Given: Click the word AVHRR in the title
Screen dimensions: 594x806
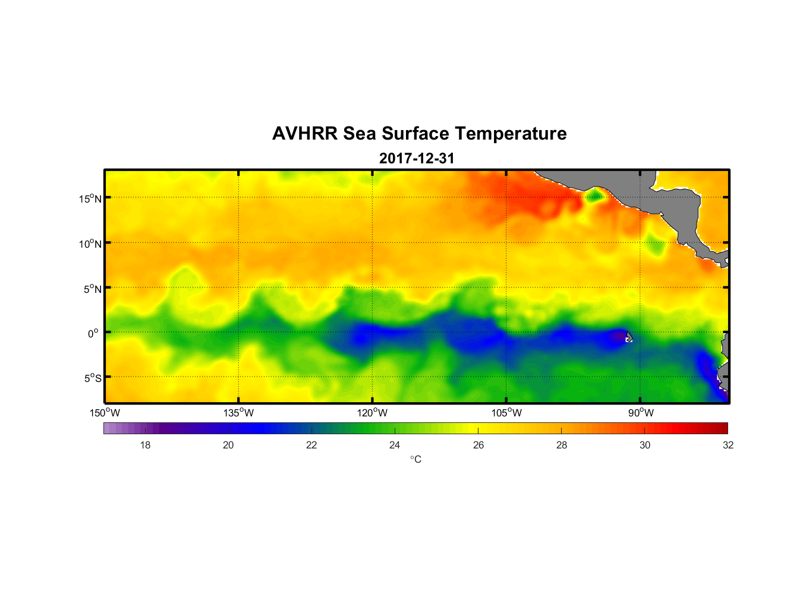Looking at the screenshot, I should click(305, 134).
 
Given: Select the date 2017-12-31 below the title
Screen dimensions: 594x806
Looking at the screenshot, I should click(417, 158).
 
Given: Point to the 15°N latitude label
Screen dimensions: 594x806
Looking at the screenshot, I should click(90, 198).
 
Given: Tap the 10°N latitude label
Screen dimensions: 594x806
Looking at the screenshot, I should click(90, 244).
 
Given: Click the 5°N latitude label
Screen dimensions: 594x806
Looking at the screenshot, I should click(92, 289).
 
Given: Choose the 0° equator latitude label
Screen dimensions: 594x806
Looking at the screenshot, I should click(93, 333).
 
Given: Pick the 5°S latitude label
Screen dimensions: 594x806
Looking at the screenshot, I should click(92, 378).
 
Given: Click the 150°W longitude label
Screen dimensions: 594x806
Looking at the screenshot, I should click(105, 413).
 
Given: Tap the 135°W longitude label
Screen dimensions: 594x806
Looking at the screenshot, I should click(238, 413).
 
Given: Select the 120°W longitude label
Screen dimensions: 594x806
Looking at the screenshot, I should click(372, 413).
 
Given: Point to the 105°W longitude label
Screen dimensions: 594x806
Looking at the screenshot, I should click(506, 413).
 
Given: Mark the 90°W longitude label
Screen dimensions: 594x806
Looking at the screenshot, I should click(640, 413).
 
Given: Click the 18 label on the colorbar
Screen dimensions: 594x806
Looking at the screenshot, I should click(145, 445).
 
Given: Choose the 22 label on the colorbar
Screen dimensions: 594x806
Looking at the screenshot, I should click(311, 445).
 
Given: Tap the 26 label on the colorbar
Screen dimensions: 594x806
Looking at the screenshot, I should click(478, 445).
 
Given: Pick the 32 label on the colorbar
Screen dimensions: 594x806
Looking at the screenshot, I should click(728, 445).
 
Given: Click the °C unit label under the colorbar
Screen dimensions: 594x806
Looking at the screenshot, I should click(415, 459).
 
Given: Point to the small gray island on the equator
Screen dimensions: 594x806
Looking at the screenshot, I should click(629, 337).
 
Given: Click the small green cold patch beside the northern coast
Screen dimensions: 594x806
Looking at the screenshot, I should click(594, 195).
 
